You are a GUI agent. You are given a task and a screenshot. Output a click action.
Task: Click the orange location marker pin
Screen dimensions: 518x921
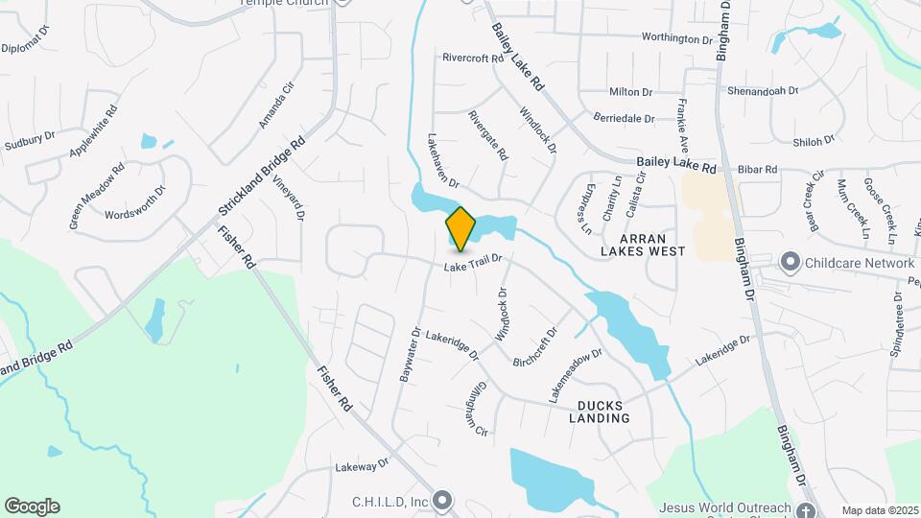click(x=460, y=227)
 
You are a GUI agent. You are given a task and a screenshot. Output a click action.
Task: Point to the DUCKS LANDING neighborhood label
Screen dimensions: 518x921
click(x=600, y=411)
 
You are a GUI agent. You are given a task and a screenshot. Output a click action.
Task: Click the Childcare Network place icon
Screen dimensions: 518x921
click(x=790, y=261)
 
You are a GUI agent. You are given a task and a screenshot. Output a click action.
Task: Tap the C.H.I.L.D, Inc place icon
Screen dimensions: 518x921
click(x=441, y=500)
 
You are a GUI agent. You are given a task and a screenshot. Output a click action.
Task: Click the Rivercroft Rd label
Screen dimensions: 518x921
click(x=473, y=58)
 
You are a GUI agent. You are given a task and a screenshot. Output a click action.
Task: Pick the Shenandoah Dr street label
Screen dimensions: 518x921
click(x=765, y=90)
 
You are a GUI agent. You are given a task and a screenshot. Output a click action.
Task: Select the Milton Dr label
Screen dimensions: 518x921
click(x=630, y=92)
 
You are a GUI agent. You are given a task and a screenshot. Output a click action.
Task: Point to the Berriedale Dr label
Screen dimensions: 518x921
click(x=624, y=119)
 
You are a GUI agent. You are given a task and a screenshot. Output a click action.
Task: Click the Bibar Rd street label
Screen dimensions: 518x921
click(x=757, y=169)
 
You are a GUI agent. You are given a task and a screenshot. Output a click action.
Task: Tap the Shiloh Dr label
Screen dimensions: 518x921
click(x=815, y=141)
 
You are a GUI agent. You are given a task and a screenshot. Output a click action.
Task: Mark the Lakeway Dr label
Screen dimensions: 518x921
click(x=361, y=467)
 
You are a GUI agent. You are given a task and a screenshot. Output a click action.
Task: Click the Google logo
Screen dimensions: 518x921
click(x=32, y=506)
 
